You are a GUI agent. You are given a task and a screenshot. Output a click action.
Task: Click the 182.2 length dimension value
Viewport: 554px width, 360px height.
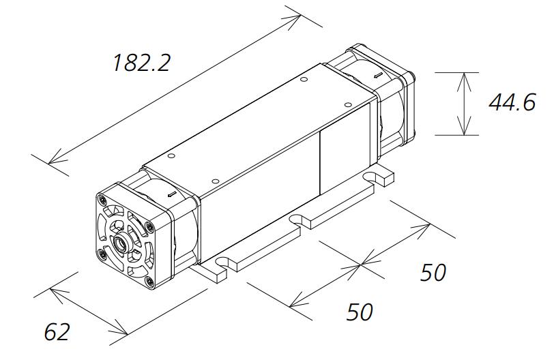click(141, 63)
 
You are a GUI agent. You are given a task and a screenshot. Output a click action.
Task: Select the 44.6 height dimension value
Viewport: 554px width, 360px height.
click(512, 103)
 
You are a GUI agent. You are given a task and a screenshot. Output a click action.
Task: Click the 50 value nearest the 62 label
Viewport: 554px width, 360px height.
click(360, 312)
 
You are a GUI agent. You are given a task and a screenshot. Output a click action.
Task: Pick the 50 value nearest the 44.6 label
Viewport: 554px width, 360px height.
click(433, 273)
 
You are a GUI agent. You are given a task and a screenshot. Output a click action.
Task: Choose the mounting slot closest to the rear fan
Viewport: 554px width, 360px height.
click(373, 177)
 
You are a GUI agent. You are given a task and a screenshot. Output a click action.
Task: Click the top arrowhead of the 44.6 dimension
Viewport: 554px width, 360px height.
click(464, 75)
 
